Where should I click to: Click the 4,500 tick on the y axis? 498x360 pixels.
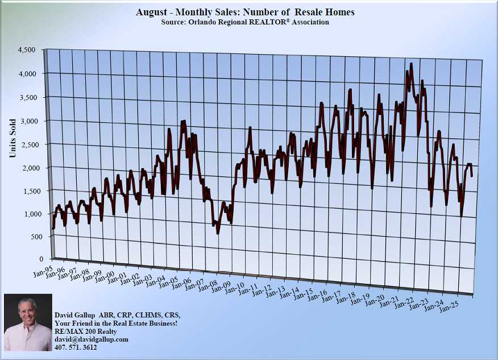pyautogui.click(x=26, y=50)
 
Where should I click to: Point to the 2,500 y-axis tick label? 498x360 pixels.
pyautogui.click(x=26, y=144)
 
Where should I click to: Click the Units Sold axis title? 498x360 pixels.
pyautogui.click(x=13, y=138)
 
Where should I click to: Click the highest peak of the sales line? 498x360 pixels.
pyautogui.click(x=410, y=65)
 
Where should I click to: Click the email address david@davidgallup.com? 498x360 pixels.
pyautogui.click(x=91, y=340)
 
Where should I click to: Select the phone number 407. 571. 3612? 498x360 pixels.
pyautogui.click(x=76, y=347)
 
